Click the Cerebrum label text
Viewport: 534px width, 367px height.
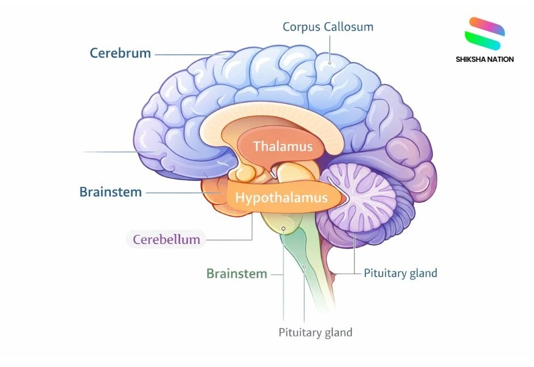[120, 53]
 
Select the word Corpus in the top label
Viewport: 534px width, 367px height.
[301, 27]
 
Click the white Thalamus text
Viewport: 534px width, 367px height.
[283, 147]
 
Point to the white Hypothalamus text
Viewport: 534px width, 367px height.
[282, 198]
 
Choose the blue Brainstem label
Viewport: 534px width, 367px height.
[111, 192]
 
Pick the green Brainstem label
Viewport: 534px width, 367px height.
[236, 274]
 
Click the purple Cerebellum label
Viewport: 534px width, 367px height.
[166, 240]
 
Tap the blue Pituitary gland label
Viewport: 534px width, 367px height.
[400, 273]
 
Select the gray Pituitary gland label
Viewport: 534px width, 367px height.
[315, 332]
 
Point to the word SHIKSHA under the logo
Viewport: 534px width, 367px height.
[472, 59]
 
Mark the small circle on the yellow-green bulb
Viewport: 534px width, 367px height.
[283, 228]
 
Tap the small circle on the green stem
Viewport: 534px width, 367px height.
[304, 266]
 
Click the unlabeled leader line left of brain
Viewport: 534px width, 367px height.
[119, 152]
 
